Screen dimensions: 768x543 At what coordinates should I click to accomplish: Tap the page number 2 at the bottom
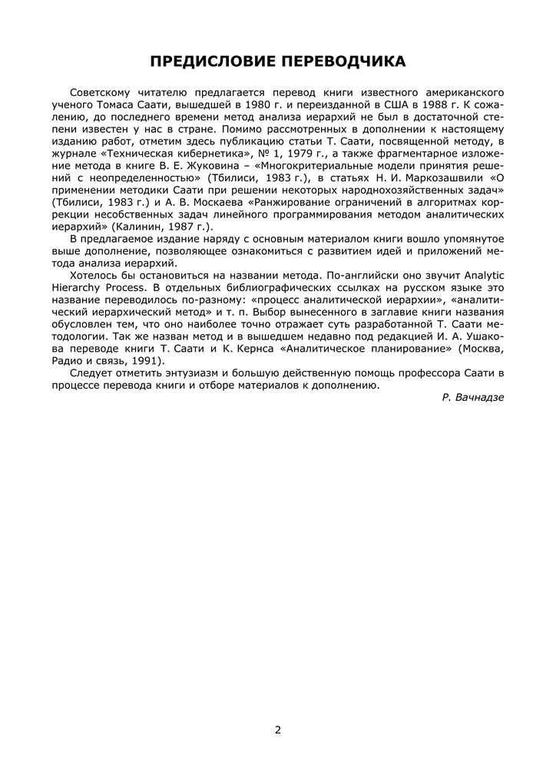(277, 729)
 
